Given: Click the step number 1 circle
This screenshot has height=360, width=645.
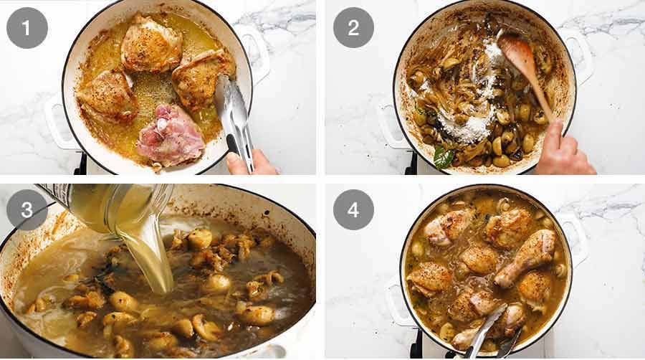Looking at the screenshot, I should point(27,27).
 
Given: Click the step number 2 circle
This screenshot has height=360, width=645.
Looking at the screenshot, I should point(353,27).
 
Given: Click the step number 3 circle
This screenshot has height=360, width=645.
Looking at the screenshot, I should point(27,209).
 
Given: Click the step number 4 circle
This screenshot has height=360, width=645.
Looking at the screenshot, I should point(353,209).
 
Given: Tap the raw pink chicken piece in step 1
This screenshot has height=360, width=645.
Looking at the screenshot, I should point(171,136).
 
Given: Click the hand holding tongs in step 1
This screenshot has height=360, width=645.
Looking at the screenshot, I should point(251,164).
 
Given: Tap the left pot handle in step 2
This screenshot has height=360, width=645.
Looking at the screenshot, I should point(390,125).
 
